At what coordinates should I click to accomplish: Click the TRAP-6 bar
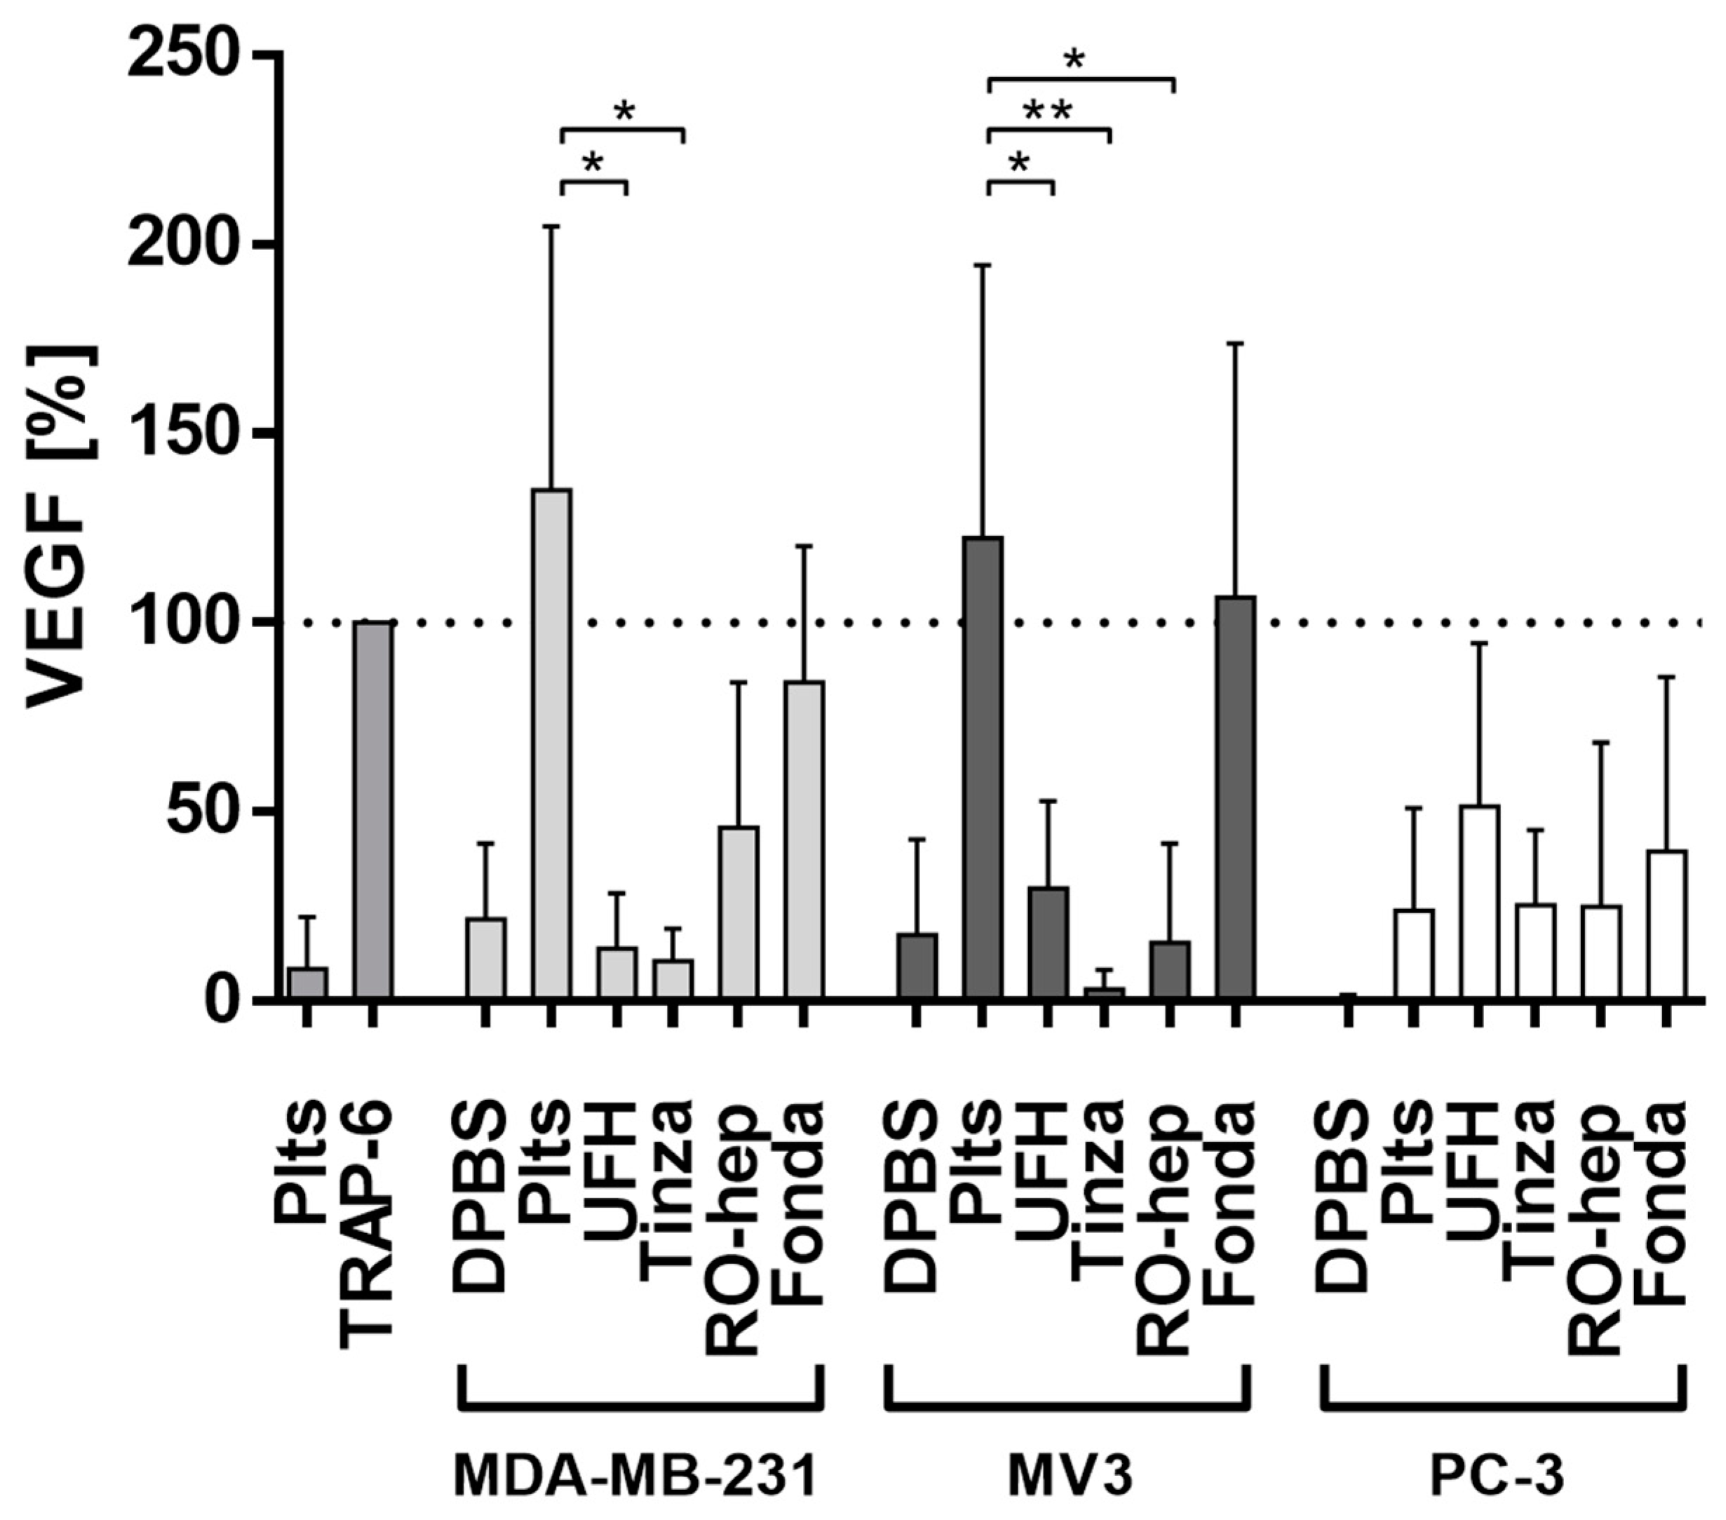pos(372,811)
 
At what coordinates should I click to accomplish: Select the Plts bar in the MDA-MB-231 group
pos(551,743)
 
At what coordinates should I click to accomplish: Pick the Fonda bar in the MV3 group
pos(1235,798)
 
